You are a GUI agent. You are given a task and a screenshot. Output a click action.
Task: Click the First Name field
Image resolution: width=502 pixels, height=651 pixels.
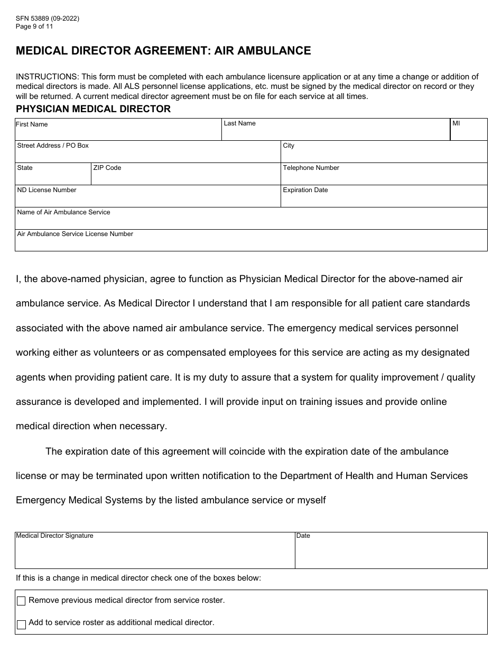click(x=118, y=132)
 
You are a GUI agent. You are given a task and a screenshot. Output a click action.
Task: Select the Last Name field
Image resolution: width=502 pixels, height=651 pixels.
click(x=336, y=132)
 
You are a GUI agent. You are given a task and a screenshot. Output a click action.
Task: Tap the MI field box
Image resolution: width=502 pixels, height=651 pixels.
click(x=469, y=132)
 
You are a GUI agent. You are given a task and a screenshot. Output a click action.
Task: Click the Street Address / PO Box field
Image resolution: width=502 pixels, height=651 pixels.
click(x=148, y=155)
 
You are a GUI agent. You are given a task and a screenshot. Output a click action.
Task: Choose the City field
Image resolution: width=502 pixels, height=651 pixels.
click(x=384, y=155)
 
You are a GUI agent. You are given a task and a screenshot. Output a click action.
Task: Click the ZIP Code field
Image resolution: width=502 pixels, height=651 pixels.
click(x=185, y=177)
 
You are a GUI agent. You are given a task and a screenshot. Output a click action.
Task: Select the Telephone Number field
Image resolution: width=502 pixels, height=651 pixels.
click(x=384, y=177)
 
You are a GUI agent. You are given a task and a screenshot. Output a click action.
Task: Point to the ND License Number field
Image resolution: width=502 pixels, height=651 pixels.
click(x=148, y=199)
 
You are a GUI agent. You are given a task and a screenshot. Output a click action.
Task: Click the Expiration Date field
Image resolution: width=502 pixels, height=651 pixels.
click(x=384, y=199)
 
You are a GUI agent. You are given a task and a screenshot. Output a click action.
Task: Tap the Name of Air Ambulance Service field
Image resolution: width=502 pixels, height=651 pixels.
click(x=251, y=221)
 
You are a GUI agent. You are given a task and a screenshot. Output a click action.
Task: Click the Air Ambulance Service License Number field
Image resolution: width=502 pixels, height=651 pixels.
click(x=251, y=243)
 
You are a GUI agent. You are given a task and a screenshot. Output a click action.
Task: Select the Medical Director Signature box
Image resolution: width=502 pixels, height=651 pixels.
click(x=155, y=554)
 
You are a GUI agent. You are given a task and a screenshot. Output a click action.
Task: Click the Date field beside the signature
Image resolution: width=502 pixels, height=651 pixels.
click(x=391, y=554)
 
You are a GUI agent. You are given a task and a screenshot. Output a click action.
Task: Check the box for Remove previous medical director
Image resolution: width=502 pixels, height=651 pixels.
click(x=21, y=601)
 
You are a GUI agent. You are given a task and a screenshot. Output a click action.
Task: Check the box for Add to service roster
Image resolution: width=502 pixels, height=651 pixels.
click(x=21, y=625)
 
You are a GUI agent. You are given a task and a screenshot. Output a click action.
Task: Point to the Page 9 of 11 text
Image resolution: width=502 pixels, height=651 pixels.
click(x=34, y=26)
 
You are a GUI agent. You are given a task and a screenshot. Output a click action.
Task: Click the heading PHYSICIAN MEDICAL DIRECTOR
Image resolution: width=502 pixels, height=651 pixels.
click(x=93, y=109)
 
